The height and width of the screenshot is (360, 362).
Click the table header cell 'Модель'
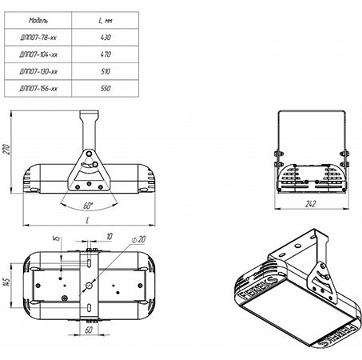[38, 20]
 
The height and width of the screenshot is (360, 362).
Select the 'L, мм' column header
[105, 20]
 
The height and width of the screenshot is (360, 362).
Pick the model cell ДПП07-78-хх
[38, 38]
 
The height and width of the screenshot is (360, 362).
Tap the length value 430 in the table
[105, 38]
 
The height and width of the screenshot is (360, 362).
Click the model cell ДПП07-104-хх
[38, 54]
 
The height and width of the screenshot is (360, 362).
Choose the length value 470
[105, 54]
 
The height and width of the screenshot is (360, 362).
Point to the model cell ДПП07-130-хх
[38, 71]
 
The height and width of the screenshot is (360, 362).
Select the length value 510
[105, 71]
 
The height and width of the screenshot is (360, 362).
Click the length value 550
[105, 88]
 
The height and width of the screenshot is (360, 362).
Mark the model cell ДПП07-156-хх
[38, 88]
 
